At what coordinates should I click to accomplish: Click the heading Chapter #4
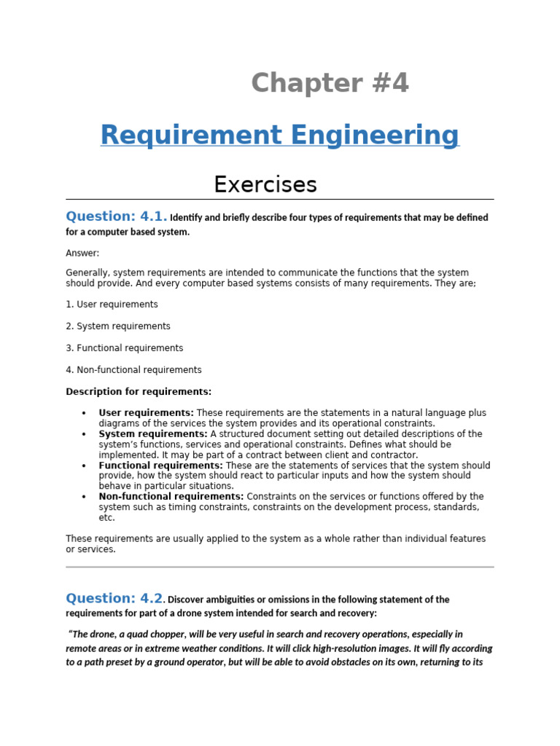pos(330,84)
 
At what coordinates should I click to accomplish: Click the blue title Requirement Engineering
pos(280,136)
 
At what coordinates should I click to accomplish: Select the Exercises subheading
pos(265,184)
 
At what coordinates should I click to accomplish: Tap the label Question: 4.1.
pos(116,216)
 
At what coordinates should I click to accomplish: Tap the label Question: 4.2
pos(114,598)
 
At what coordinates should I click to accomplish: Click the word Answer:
pos(82,253)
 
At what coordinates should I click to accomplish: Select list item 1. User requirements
pos(112,305)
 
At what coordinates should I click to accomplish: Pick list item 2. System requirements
pos(118,326)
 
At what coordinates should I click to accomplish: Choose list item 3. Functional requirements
pos(125,348)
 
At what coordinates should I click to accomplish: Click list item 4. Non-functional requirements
pos(133,370)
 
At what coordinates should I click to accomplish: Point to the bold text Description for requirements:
pos(139,392)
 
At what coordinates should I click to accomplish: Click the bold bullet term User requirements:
pos(146,413)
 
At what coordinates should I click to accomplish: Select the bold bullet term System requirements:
pos(153,434)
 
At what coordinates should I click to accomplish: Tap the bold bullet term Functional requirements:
pos(160,466)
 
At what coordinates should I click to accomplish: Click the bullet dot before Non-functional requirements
pos(85,497)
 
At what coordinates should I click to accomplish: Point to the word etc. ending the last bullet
pos(106,518)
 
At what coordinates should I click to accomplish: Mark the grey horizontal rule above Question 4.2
pos(280,566)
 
